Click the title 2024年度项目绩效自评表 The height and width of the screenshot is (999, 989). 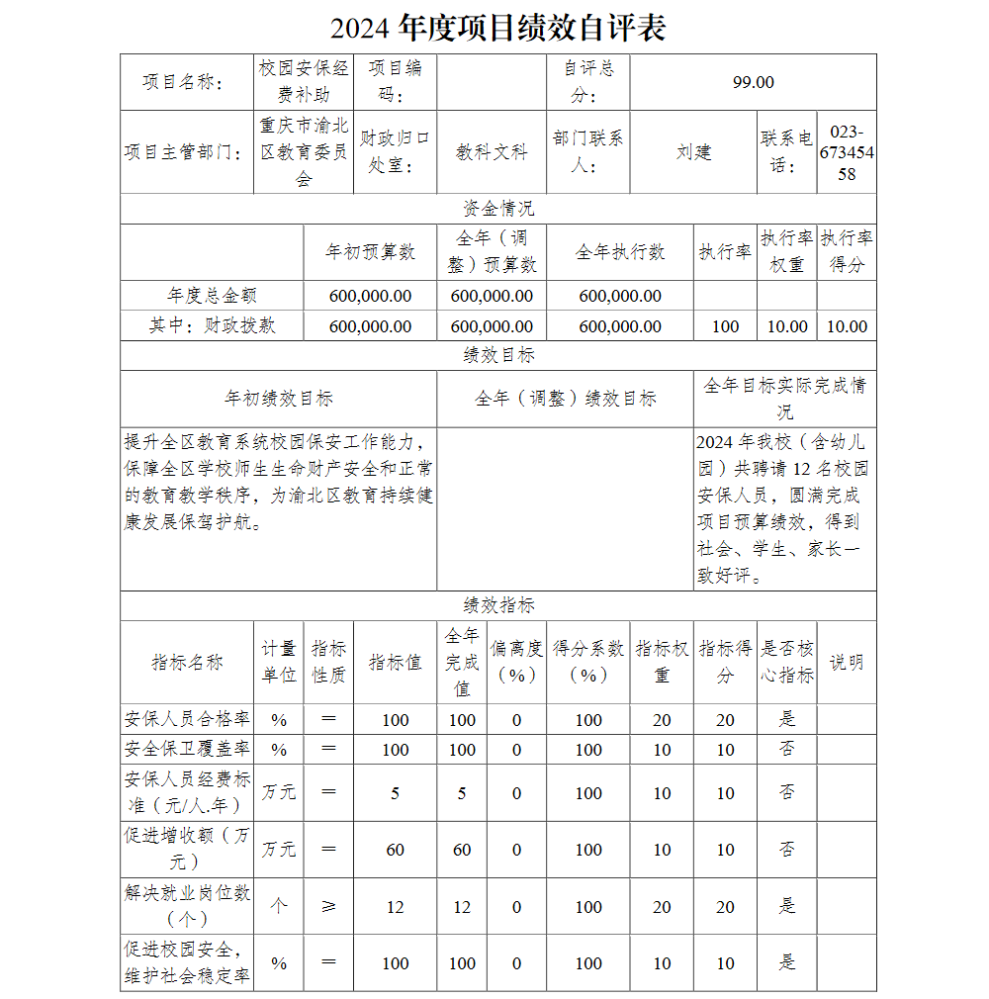497,28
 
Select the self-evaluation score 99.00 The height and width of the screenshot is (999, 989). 753,82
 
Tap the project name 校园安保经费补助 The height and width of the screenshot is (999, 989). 304,82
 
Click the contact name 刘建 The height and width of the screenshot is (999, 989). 693,152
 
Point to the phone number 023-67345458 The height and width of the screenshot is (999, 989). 846,153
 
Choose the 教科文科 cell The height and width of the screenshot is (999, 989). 492,152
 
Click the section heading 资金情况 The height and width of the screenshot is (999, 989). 498,209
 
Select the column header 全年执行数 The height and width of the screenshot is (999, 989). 620,252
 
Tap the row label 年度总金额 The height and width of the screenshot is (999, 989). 212,296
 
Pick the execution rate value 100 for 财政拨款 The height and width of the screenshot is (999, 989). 725,326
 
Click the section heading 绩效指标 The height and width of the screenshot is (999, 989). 498,605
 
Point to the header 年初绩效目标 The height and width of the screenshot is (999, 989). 278,399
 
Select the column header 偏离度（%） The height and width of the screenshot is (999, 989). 516,662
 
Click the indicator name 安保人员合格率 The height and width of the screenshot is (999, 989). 187,719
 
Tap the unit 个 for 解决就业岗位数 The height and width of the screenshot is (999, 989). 279,906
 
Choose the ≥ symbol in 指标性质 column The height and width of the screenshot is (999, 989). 328,906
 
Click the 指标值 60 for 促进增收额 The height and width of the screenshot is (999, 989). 395,850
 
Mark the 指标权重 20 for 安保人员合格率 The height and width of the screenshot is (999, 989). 662,720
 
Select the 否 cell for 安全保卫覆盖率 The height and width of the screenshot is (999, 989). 786,749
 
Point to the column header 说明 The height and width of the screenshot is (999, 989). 846,662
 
